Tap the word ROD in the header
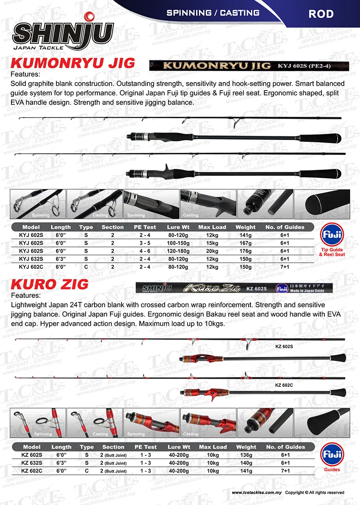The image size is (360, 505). [x=321, y=14]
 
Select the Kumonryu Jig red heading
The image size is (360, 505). [x=72, y=63]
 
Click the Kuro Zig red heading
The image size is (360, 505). [x=49, y=284]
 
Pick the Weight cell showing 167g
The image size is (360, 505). [x=246, y=243]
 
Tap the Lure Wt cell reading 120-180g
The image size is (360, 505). [x=179, y=251]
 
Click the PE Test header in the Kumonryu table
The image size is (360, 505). [x=145, y=227]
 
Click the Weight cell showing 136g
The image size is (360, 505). [x=246, y=455]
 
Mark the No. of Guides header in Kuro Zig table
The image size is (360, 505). [x=285, y=447]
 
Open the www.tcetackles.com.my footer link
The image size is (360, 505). [x=257, y=493]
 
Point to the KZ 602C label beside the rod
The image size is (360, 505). [x=284, y=385]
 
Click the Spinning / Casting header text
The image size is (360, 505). [x=213, y=13]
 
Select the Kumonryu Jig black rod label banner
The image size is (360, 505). [x=249, y=66]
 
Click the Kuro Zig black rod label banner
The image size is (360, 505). [x=234, y=288]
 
